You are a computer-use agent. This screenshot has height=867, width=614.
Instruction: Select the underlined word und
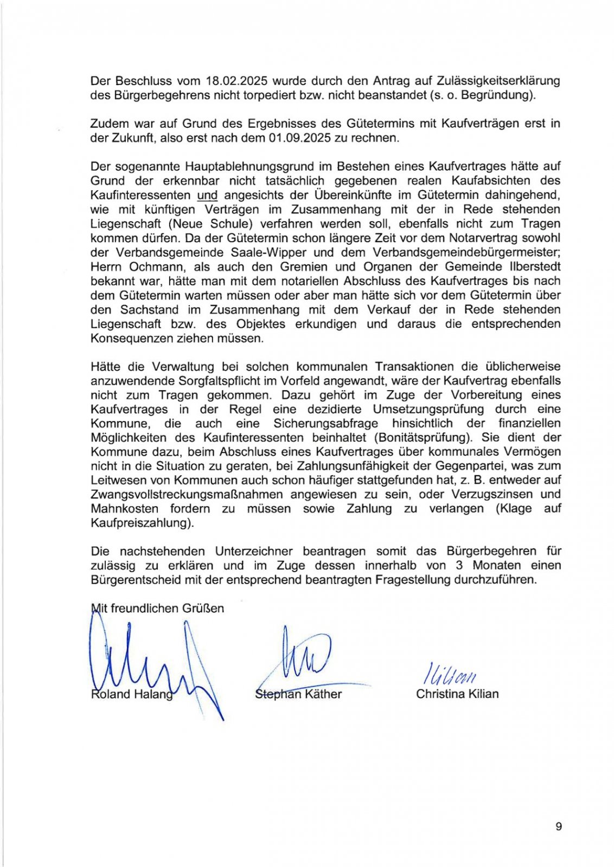[x=207, y=195]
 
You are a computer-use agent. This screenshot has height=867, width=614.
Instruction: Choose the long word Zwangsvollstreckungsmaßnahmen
[x=187, y=494]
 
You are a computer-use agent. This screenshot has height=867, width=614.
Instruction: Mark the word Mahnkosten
[x=124, y=509]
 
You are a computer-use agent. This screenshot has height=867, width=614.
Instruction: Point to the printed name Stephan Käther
[x=298, y=694]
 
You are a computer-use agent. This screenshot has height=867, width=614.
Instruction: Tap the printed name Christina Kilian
[x=457, y=694]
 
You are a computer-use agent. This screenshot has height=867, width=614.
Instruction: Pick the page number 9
[x=559, y=826]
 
